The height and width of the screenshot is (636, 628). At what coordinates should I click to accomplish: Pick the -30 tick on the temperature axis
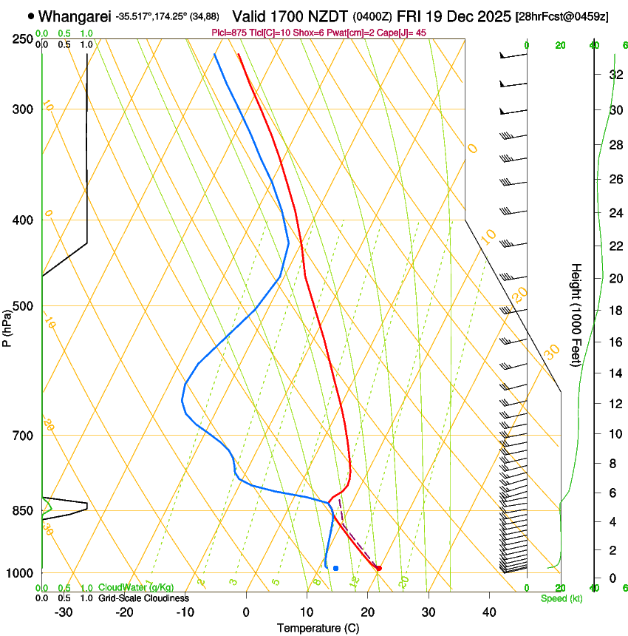click(64, 612)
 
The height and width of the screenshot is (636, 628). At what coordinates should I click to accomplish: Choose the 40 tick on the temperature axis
click(488, 612)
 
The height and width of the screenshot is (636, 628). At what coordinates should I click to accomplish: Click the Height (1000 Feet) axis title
click(576, 314)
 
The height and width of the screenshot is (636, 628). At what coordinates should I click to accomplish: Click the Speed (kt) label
click(562, 598)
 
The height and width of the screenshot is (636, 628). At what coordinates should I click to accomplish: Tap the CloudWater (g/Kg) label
click(136, 588)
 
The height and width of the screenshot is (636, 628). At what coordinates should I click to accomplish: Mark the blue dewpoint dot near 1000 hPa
click(335, 568)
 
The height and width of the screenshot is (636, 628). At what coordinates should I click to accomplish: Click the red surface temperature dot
click(378, 568)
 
